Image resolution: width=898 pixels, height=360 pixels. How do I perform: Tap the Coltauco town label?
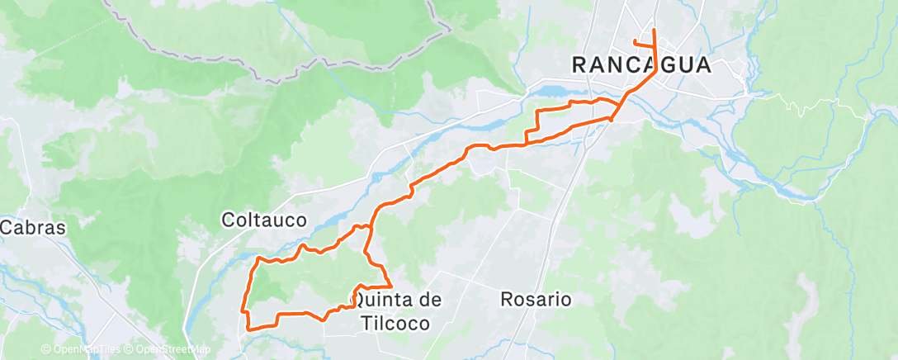click(264, 220)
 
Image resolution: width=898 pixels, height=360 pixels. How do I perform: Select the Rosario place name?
click(536, 299)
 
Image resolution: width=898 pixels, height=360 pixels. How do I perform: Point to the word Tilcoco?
click(395, 323)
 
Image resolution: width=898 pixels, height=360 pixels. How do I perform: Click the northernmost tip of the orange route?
click(654, 30)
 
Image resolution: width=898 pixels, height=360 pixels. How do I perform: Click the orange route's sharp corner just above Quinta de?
click(390, 286)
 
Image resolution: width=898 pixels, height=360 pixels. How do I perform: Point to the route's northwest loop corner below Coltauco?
click(259, 258)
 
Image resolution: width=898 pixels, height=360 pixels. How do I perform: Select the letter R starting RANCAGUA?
click(581, 65)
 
